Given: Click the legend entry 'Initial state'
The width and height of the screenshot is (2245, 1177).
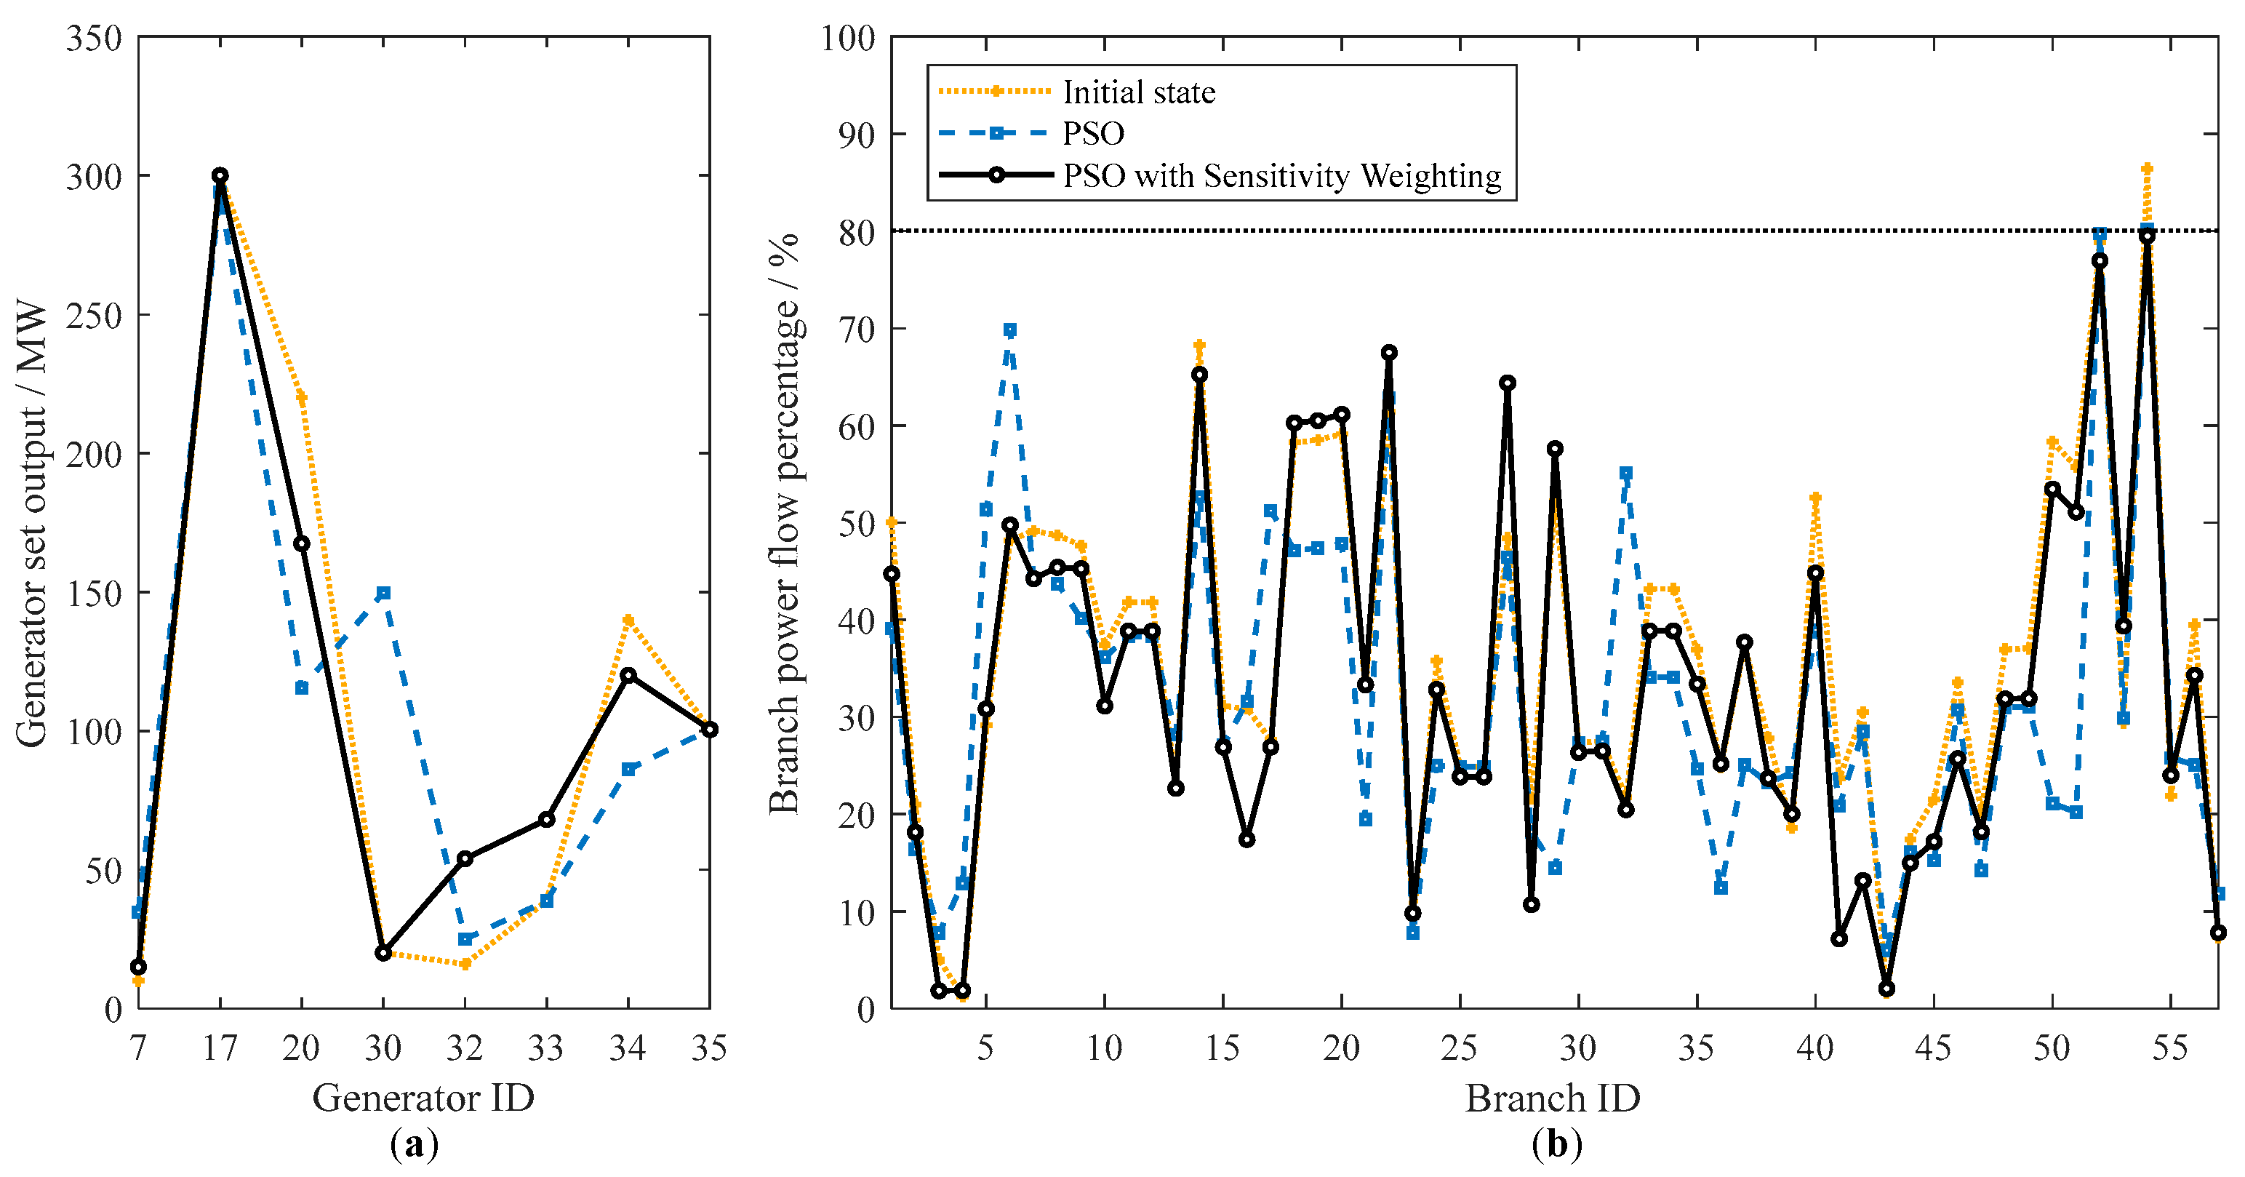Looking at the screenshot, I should tap(1138, 92).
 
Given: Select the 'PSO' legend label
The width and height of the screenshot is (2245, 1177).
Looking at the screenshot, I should tap(1093, 133).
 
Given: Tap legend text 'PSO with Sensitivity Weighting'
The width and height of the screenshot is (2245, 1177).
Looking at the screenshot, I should tap(1282, 175).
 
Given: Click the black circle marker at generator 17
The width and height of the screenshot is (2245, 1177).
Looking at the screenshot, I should tap(220, 175).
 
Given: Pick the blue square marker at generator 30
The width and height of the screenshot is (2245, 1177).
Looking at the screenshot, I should tap(383, 593).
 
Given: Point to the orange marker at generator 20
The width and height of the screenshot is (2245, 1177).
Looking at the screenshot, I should tap(302, 398).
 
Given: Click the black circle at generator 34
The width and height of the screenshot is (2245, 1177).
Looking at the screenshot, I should tap(628, 675).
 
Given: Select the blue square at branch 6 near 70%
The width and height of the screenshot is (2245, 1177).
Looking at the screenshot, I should tap(1009, 330).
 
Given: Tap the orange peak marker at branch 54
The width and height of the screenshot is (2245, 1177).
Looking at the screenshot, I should tap(2148, 168).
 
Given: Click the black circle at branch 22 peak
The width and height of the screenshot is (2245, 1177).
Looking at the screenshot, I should tap(1389, 352).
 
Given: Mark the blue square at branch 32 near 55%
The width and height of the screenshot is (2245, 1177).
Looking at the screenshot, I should tap(1626, 474).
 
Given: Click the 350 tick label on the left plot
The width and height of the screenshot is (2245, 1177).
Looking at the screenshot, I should tap(94, 39).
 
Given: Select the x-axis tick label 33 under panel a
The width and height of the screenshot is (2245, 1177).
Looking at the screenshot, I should tap(546, 1047).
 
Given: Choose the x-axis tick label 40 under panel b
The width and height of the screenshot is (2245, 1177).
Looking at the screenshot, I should tap(1815, 1047).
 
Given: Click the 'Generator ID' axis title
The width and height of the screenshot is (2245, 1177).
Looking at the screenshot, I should tap(423, 1097).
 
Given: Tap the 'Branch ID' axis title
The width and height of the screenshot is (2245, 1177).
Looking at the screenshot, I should tap(1552, 1097).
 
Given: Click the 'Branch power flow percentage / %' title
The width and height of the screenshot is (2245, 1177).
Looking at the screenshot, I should tap(785, 523).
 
